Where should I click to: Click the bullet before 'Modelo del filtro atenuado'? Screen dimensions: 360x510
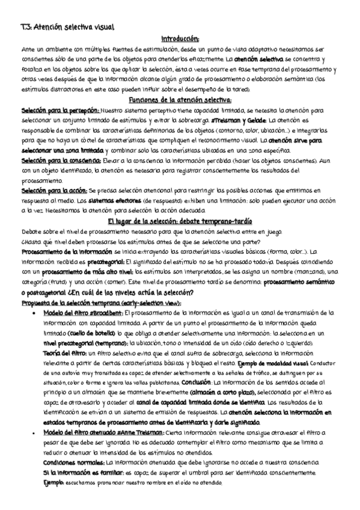[x=39, y=433]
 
